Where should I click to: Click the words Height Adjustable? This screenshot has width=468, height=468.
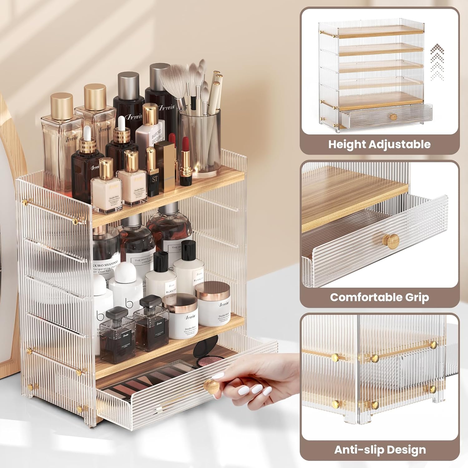pos(379,144)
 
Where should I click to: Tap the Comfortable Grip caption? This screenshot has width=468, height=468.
pos(379,297)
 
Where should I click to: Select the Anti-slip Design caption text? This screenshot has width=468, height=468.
pos(380,450)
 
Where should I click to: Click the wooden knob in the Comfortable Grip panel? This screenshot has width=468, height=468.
pos(391,241)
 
